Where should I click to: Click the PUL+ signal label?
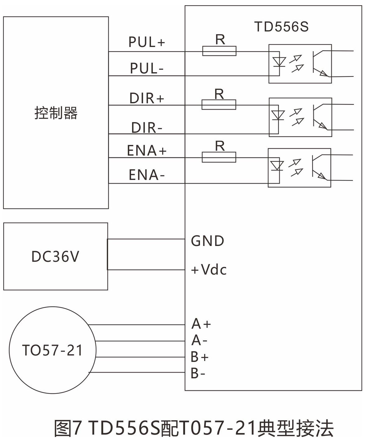[x=147, y=42]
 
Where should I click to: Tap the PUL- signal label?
[x=147, y=68]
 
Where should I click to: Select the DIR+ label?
[x=147, y=98]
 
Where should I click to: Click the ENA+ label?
[x=147, y=151]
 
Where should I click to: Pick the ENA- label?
[x=147, y=175]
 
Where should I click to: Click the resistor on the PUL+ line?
[x=219, y=51]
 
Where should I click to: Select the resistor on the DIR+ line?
[x=219, y=105]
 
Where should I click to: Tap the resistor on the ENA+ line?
[x=219, y=157]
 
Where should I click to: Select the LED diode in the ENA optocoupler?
[x=277, y=166]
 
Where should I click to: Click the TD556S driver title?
[x=281, y=27]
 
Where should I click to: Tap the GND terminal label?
[x=207, y=241]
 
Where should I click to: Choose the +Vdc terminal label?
[x=209, y=270]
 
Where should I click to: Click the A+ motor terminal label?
[x=201, y=324]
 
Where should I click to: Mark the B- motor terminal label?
[x=198, y=373]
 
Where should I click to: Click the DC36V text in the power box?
[x=55, y=256]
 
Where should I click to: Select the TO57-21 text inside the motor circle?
[x=52, y=350]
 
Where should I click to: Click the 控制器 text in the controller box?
[x=56, y=113]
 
